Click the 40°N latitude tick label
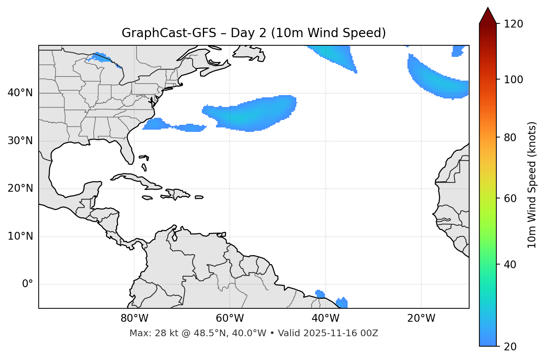tap(20, 93)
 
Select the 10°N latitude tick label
tap(20, 236)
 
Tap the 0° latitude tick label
tap(28, 284)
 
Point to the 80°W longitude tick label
tap(134, 318)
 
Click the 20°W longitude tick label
tap(421, 318)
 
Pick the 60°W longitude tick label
tap(230, 318)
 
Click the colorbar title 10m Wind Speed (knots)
tap(532, 185)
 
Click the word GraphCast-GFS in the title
tap(169, 33)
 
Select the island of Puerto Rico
tap(199, 197)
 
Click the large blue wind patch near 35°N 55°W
tap(253, 113)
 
